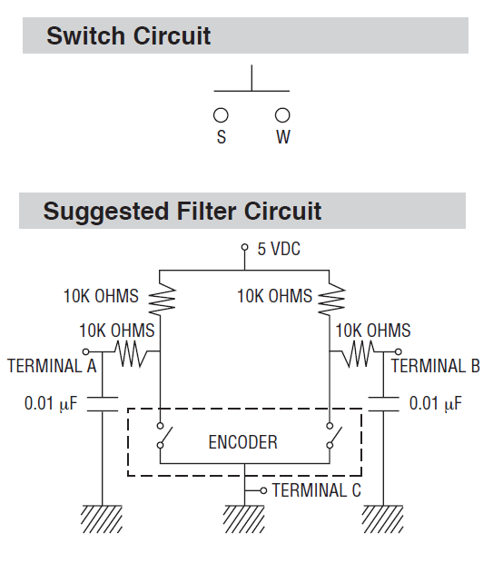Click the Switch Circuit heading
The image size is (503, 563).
point(128,36)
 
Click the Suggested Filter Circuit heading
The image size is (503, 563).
point(182,212)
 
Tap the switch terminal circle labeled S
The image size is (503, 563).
point(221,115)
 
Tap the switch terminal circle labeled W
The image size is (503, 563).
point(282,115)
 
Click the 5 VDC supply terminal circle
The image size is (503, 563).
point(244,248)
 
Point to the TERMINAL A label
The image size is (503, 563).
point(52,367)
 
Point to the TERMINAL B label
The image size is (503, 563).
point(435,367)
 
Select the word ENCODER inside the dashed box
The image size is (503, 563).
point(242,442)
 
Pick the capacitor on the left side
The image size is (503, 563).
point(102,402)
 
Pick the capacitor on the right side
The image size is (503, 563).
point(387,402)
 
